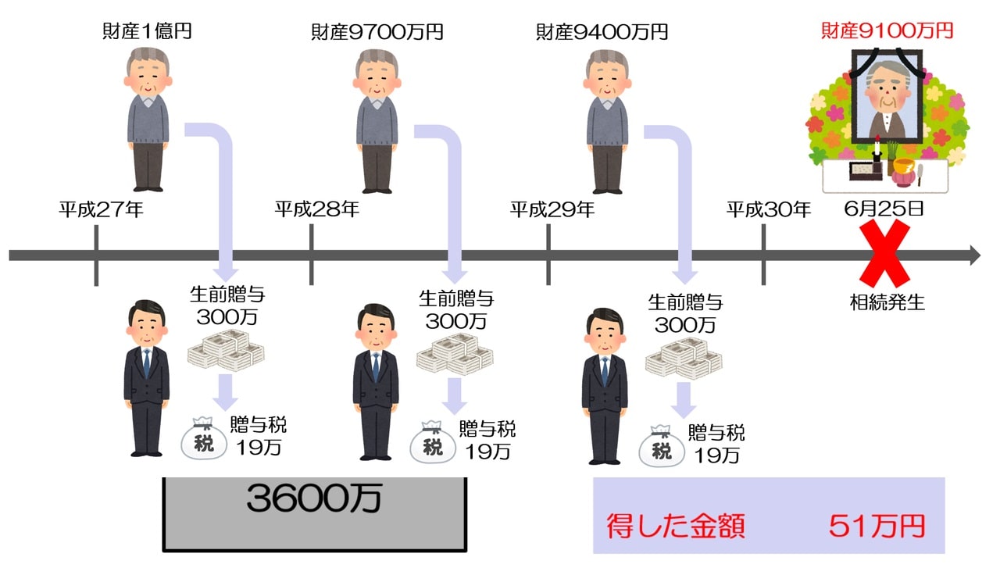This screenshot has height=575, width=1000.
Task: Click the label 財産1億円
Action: point(147,32)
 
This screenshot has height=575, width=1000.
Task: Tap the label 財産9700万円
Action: point(377,32)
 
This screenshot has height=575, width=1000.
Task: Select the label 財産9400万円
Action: point(602,32)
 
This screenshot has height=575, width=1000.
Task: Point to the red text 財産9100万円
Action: point(887,31)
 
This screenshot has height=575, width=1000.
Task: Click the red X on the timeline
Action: point(885,253)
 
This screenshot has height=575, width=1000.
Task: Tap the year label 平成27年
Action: point(102,209)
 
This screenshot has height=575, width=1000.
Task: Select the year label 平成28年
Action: point(317,209)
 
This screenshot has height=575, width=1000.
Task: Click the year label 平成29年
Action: point(552,209)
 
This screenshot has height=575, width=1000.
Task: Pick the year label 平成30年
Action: point(769,209)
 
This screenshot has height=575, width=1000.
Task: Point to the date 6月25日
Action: point(884,209)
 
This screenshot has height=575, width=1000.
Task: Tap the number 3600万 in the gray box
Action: point(313,499)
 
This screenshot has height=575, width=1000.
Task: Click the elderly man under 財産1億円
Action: point(148,121)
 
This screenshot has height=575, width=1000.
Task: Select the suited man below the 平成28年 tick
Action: point(375,382)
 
